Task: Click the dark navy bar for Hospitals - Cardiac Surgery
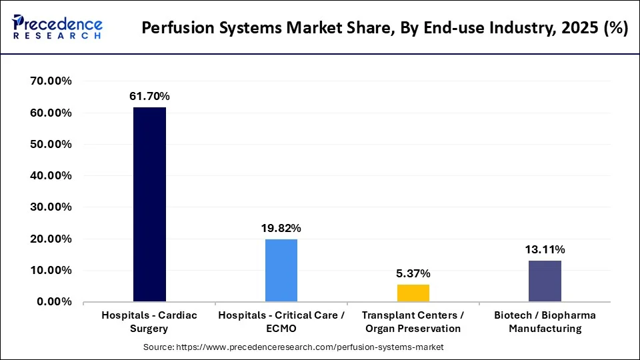coord(149,205)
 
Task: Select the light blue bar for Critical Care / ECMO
coord(281,270)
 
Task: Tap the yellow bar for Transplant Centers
coord(413,293)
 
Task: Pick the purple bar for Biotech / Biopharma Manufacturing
coord(545,281)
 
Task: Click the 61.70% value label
coord(149,97)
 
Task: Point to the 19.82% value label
coord(281,228)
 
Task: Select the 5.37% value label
coord(413,273)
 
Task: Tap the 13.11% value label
coord(545,249)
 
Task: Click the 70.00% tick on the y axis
coord(51,81)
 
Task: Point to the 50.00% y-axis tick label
coord(51,144)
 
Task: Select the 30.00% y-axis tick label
coord(51,207)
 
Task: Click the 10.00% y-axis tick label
coord(51,270)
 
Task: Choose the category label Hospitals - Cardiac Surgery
coord(149,321)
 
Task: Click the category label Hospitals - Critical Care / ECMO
coord(281,321)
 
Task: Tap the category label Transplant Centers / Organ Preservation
coord(413,321)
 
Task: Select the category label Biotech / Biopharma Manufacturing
coord(545,321)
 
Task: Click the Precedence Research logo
coord(57,27)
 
